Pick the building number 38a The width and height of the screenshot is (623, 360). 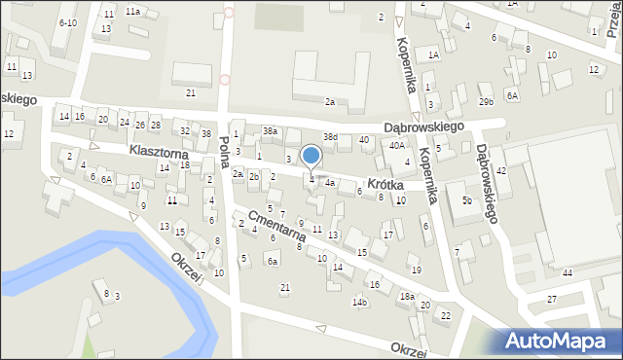tap(270, 130)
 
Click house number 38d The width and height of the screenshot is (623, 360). tap(331, 136)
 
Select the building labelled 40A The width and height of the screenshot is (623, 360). tap(396, 145)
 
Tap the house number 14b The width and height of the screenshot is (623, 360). tap(360, 303)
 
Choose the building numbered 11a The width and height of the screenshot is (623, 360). tap(131, 12)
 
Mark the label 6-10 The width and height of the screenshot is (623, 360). tap(67, 22)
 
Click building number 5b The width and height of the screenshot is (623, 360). tap(468, 201)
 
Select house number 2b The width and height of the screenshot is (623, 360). tap(253, 176)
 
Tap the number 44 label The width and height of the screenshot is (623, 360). tap(568, 272)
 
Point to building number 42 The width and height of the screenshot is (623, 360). tap(501, 170)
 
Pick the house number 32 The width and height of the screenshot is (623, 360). tap(185, 130)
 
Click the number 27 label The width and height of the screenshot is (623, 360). tap(552, 298)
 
